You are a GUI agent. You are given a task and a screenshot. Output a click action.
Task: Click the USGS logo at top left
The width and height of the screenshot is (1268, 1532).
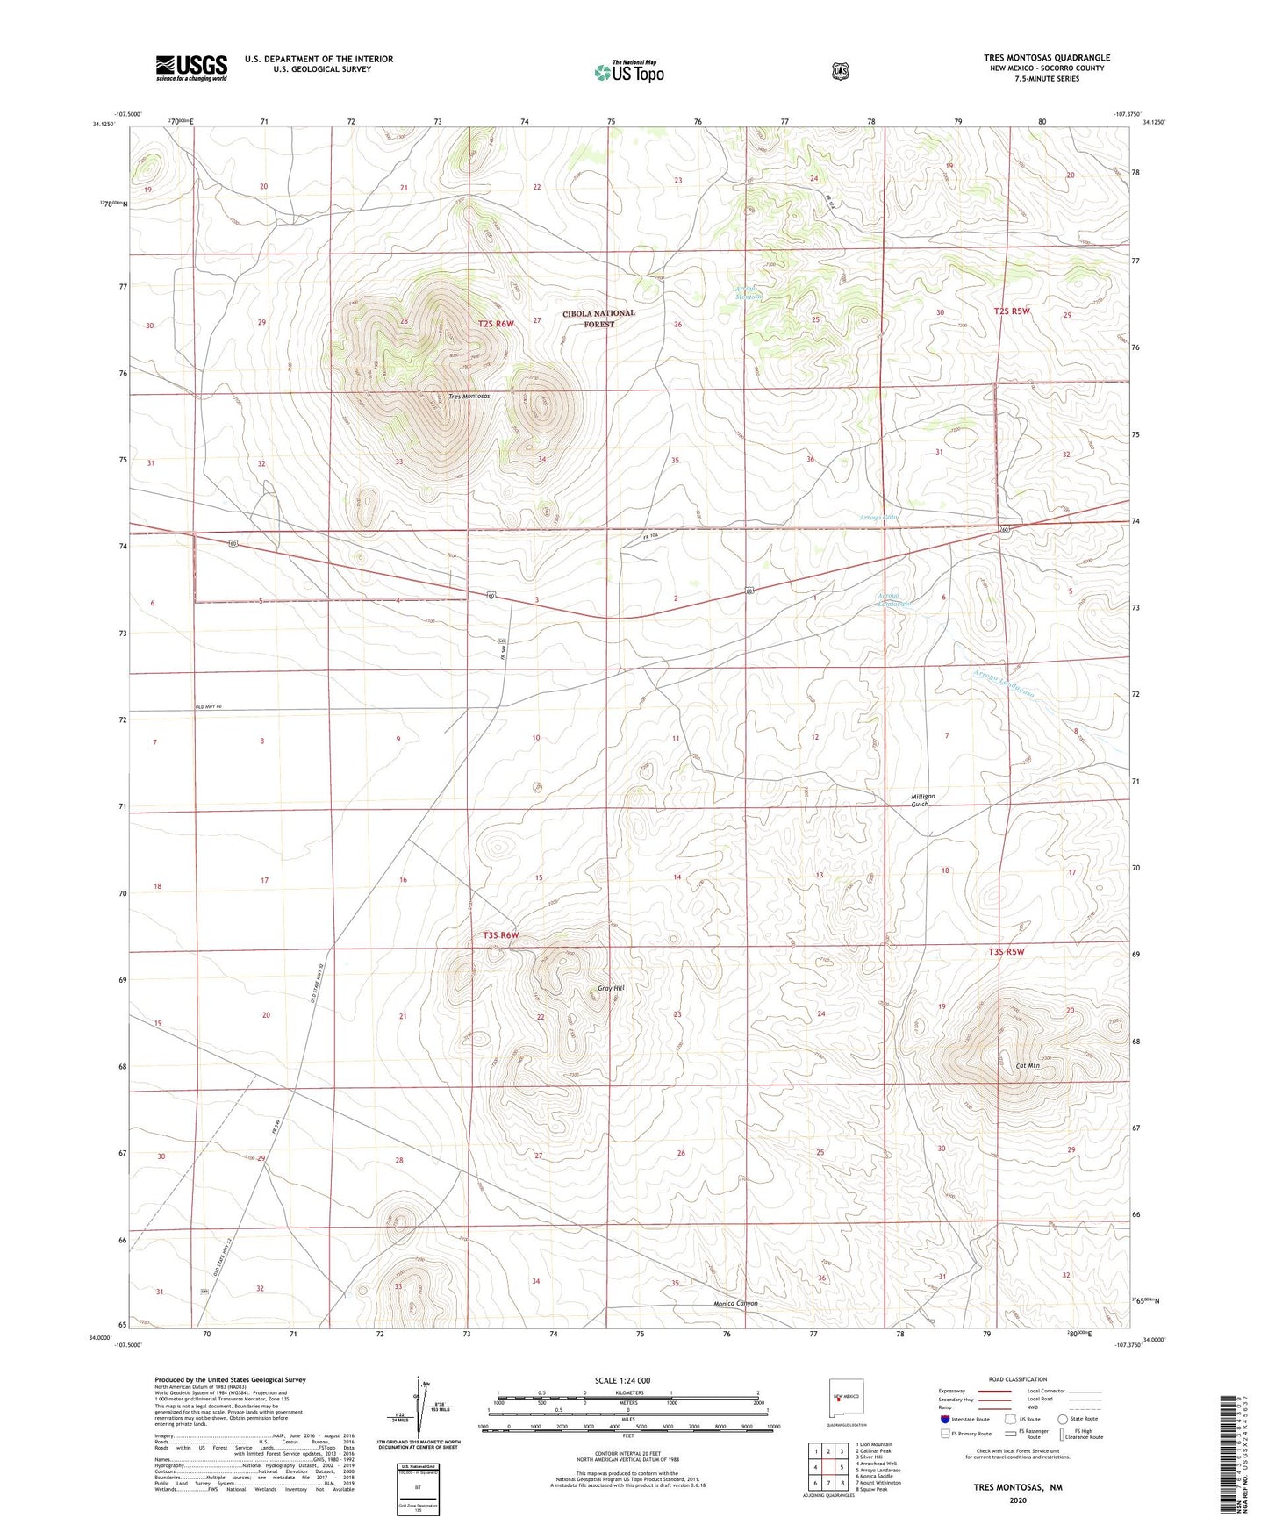point(191,68)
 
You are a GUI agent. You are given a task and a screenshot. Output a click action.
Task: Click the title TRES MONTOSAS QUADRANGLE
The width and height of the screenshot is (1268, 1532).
point(1046,58)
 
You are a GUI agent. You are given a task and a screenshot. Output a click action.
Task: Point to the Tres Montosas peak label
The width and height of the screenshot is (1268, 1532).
point(469,397)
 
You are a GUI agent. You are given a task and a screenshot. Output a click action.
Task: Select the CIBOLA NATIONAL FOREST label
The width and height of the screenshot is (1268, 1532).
point(599,319)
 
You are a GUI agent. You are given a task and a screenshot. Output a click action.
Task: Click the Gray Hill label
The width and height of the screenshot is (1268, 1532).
point(611,988)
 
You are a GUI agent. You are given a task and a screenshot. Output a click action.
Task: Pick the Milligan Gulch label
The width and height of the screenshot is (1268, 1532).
point(922,800)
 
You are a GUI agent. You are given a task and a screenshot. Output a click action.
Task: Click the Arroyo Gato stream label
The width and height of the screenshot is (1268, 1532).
point(878,518)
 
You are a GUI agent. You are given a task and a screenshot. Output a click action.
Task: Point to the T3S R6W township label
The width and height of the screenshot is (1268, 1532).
point(500,935)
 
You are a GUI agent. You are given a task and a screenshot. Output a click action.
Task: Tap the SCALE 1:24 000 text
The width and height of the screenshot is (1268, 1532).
point(622,1380)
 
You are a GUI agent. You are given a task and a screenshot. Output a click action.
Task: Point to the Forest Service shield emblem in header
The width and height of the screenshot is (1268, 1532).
point(841,70)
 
